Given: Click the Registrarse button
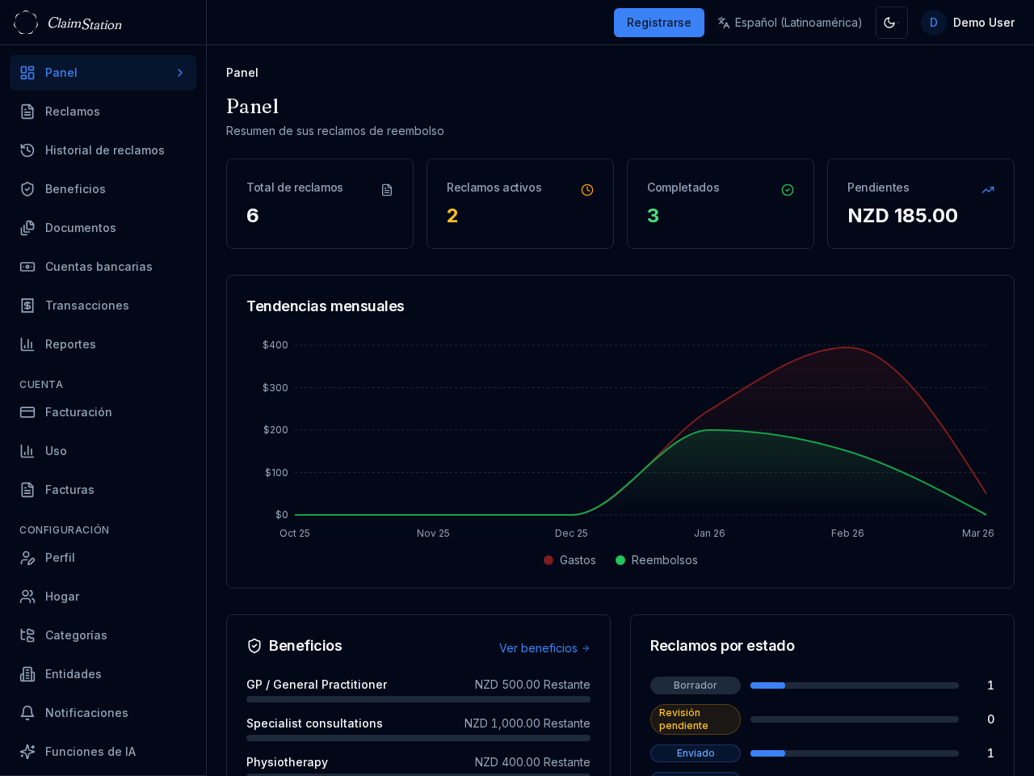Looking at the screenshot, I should coord(658,23).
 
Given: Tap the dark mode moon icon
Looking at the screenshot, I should coord(891,23).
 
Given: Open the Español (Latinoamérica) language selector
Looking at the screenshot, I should coord(789,23).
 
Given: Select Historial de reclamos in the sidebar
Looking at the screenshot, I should coord(104,150).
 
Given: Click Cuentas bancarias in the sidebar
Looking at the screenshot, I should coord(99,267).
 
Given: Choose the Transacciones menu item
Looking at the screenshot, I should coord(86,306).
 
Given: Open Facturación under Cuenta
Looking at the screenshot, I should coord(78,412).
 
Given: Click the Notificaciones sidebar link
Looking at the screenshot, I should coord(86,713).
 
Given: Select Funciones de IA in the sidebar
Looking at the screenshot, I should coord(90,752).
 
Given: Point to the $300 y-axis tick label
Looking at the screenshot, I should coord(275,388).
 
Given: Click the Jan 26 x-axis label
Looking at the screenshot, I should coord(709,533).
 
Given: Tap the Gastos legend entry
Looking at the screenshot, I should coord(570,560).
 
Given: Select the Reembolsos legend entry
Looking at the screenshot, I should coord(657,560).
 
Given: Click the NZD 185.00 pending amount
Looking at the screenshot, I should coord(902,216).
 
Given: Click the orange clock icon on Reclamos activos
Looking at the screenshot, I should coord(587,190).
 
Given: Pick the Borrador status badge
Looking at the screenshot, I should coord(695,685).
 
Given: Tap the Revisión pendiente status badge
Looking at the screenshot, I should coord(695,719).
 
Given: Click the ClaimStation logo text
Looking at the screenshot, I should coord(84,23).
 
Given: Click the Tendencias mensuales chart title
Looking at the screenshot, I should coord(325,306).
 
